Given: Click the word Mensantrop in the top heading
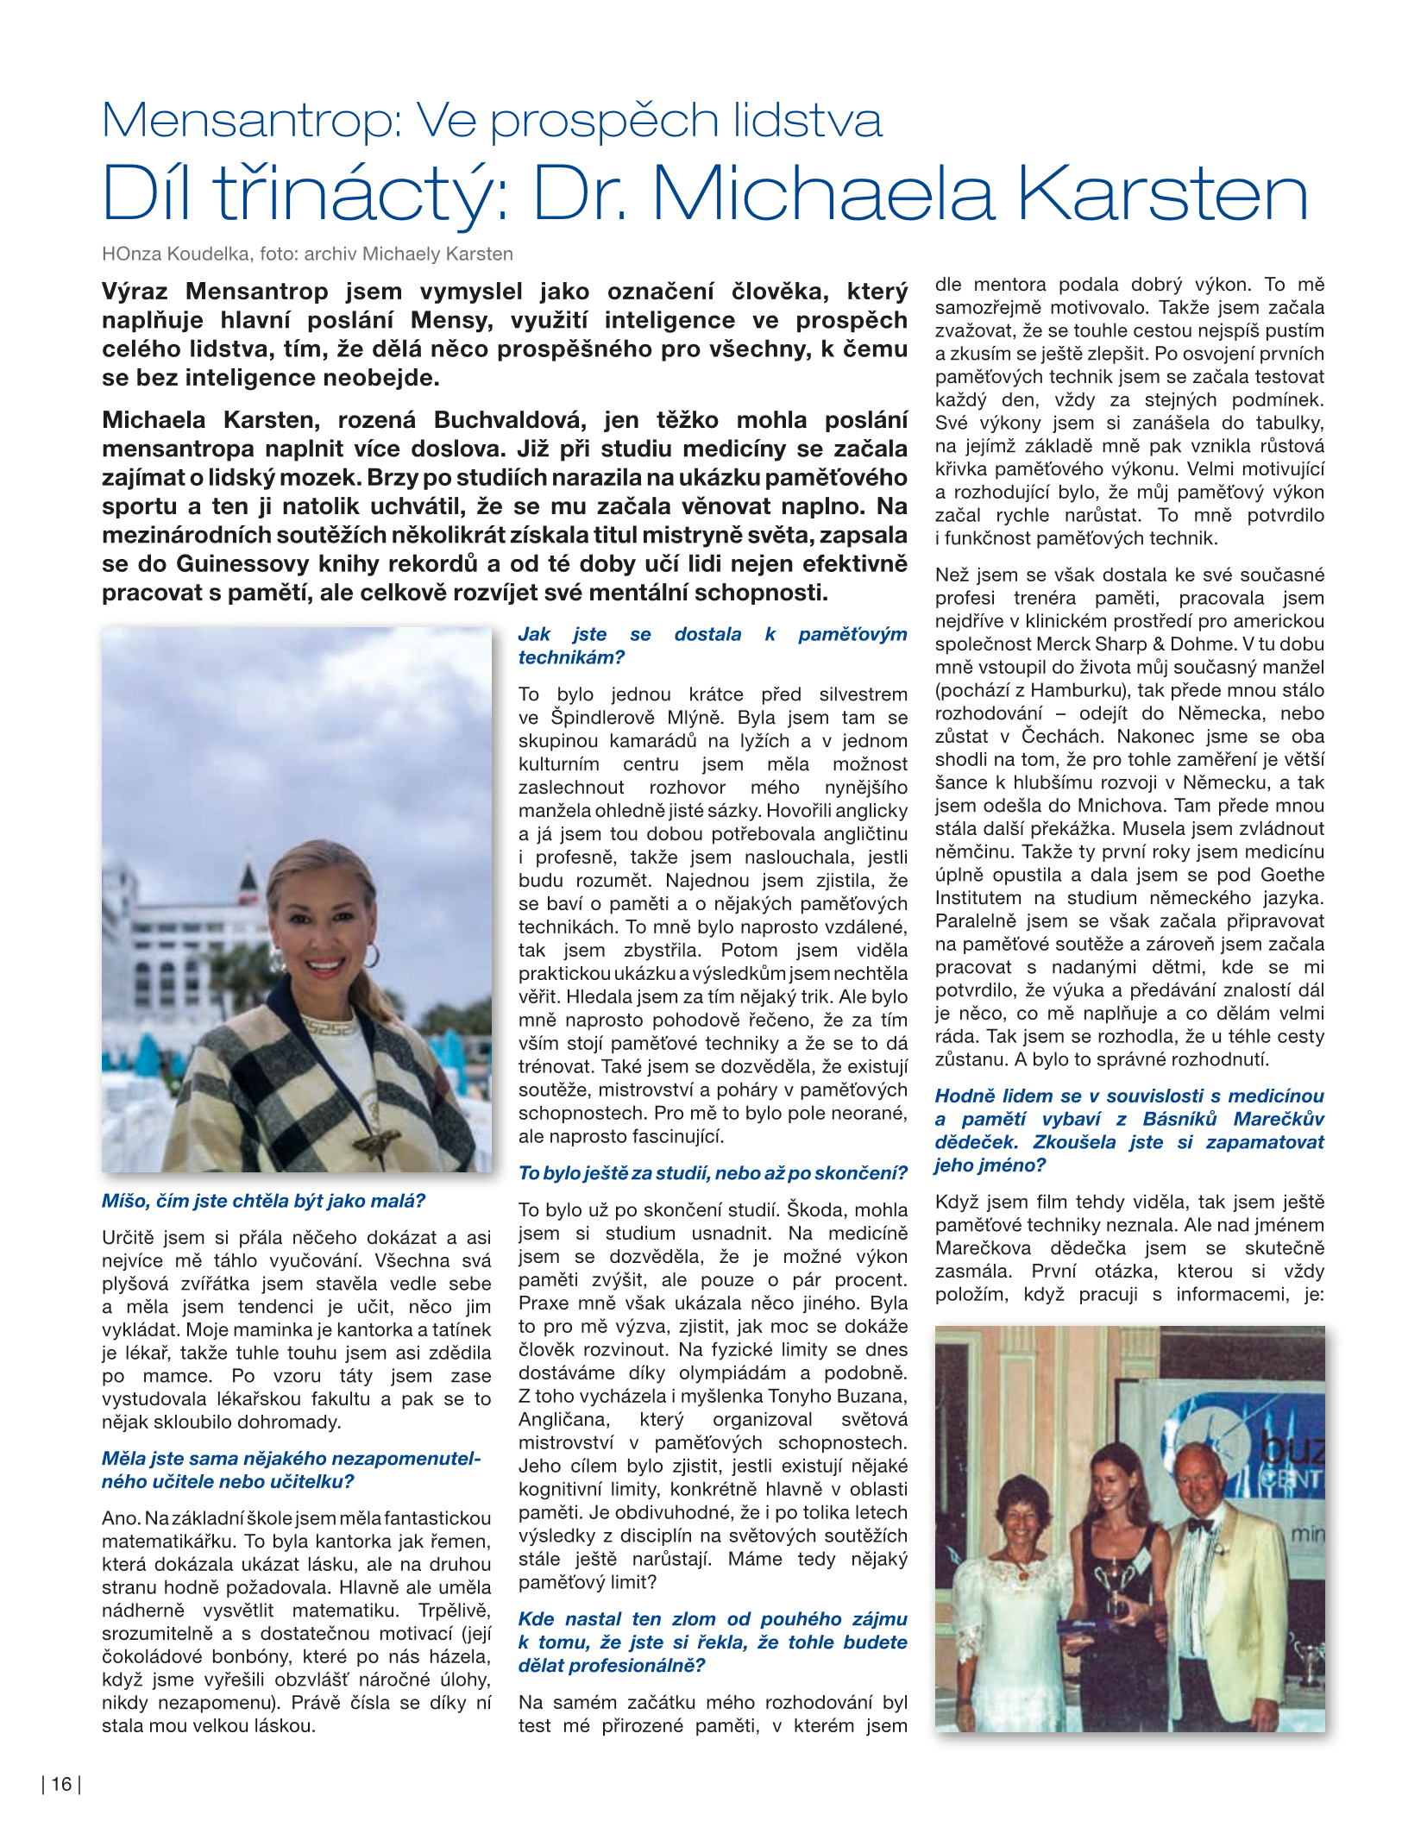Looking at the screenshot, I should [x=251, y=121].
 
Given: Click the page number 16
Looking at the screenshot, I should [x=61, y=1785].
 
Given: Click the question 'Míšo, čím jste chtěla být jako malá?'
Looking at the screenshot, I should [x=263, y=1201].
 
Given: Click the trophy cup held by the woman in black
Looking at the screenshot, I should [x=1113, y=1579].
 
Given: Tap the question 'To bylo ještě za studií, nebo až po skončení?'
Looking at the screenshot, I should [x=713, y=1173].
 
